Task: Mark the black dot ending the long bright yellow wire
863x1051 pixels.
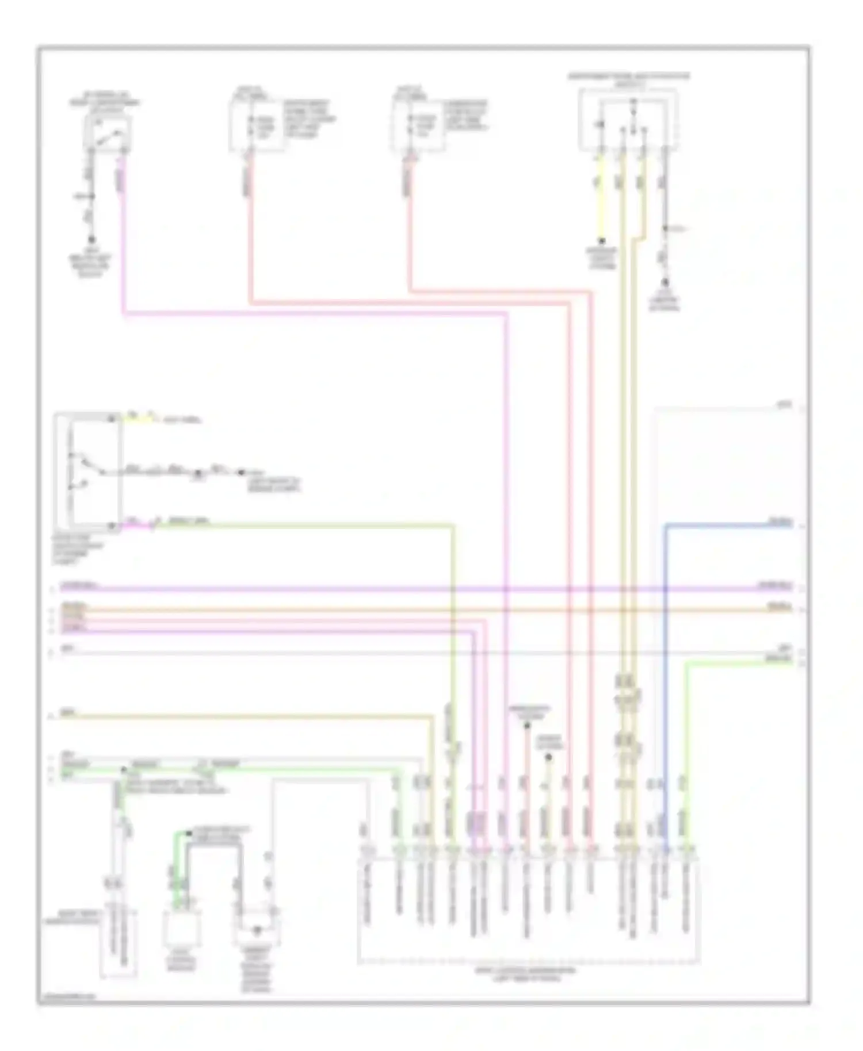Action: [x=601, y=241]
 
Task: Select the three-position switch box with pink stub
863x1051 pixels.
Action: [x=87, y=471]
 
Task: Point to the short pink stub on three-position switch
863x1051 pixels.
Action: [x=138, y=524]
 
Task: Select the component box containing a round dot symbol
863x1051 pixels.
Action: [x=257, y=927]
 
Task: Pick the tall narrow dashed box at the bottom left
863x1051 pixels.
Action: [x=119, y=943]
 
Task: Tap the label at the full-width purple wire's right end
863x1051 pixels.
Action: [x=774, y=586]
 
